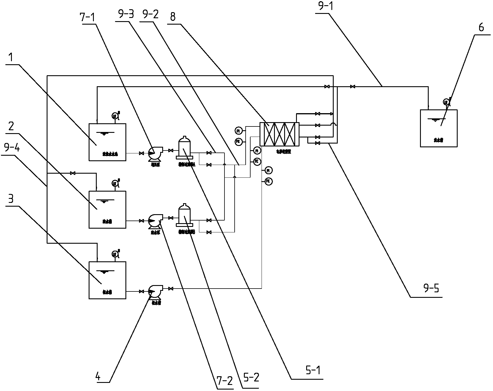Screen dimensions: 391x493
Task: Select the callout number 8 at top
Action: (173, 17)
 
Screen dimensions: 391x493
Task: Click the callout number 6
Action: (481, 27)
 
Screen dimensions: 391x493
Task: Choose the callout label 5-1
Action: (313, 370)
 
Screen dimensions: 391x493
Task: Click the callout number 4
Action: (98, 377)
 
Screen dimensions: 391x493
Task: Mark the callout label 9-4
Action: (12, 148)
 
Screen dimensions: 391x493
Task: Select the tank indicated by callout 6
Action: (439, 128)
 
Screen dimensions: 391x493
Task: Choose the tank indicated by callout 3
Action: (107, 280)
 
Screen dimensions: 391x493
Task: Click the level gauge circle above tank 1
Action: (114, 116)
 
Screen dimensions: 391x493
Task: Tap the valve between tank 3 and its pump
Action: (141, 291)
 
